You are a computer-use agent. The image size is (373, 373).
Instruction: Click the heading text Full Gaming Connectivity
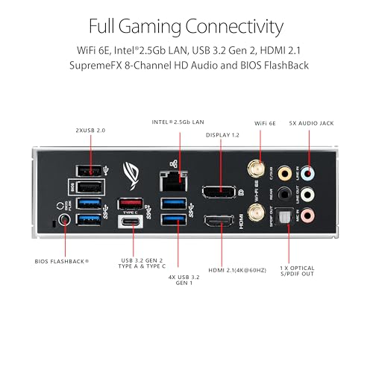[x=186, y=28]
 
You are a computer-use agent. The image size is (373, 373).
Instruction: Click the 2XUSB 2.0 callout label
[x=90, y=129]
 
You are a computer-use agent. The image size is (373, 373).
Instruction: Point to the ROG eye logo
[x=133, y=177]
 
